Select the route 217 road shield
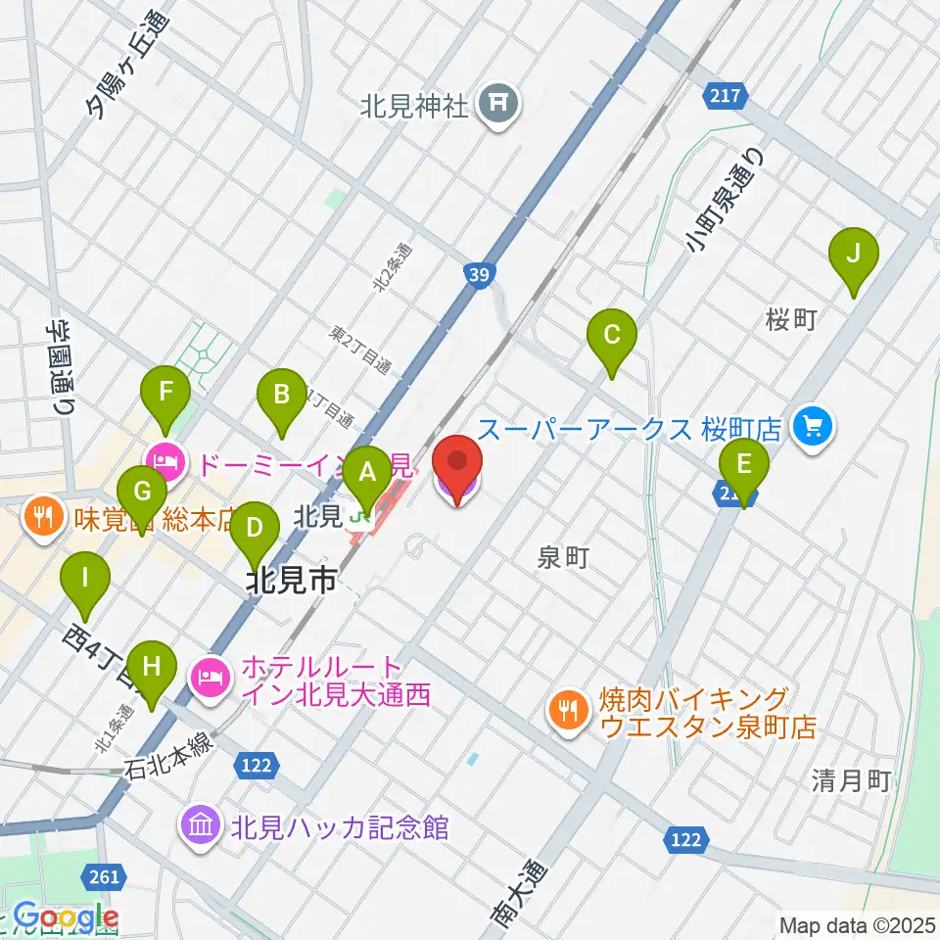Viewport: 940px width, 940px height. pyautogui.click(x=726, y=95)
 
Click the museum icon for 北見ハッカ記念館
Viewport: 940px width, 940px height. pyautogui.click(x=200, y=825)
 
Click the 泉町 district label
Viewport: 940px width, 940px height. pyautogui.click(x=563, y=557)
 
